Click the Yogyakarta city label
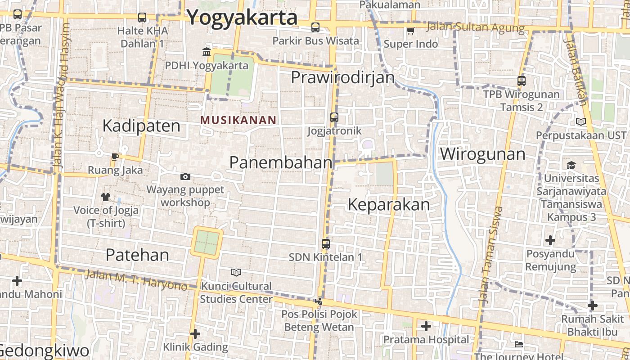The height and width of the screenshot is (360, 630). (x=242, y=18)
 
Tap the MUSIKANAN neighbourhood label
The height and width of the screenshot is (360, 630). (x=238, y=120)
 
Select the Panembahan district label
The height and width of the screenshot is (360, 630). (x=281, y=162)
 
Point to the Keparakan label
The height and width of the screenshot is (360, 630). (x=389, y=205)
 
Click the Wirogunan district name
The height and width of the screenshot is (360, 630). (x=482, y=154)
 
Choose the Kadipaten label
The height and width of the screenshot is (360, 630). (x=141, y=126)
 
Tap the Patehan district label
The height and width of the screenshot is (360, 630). (x=137, y=255)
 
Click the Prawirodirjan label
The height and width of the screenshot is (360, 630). (x=342, y=77)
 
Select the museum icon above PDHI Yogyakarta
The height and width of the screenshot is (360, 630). (x=207, y=52)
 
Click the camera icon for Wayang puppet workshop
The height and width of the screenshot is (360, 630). (x=185, y=176)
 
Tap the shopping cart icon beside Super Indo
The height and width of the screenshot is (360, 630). (x=410, y=31)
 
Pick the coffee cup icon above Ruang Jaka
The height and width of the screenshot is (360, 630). (x=115, y=157)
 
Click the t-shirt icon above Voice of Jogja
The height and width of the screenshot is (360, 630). (x=106, y=197)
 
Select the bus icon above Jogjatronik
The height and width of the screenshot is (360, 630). (x=334, y=117)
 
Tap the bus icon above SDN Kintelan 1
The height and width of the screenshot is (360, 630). (x=326, y=244)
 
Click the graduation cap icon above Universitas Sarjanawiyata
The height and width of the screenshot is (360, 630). (x=571, y=165)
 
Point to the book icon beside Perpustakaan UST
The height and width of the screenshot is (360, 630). (x=581, y=121)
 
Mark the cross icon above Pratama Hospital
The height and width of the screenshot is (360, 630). (x=426, y=326)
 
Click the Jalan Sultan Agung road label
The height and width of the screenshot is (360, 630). (x=475, y=27)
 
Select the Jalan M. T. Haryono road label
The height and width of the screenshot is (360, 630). (x=136, y=279)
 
